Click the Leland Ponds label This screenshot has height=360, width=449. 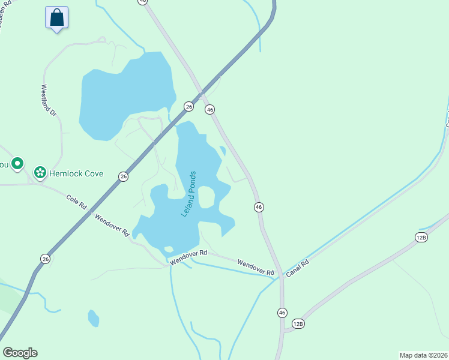click(189, 193)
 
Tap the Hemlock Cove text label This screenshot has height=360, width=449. click(76, 173)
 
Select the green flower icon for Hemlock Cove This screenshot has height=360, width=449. click(40, 173)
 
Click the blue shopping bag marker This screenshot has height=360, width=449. click(56, 17)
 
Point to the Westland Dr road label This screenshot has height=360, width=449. click(48, 100)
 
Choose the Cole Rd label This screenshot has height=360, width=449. click(76, 202)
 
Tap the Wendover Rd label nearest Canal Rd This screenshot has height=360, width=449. click(255, 268)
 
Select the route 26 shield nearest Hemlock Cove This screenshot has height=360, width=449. click(123, 176)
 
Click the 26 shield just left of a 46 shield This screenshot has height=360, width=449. click(188, 106)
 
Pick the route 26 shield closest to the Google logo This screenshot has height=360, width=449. click(46, 259)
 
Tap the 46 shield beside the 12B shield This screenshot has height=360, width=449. click(282, 312)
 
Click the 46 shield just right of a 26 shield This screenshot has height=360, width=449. click(209, 109)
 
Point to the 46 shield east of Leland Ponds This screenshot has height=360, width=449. click(259, 206)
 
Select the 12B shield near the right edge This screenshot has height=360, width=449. click(421, 238)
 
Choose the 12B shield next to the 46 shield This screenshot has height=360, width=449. click(298, 324)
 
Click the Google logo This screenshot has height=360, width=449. click(20, 352)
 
